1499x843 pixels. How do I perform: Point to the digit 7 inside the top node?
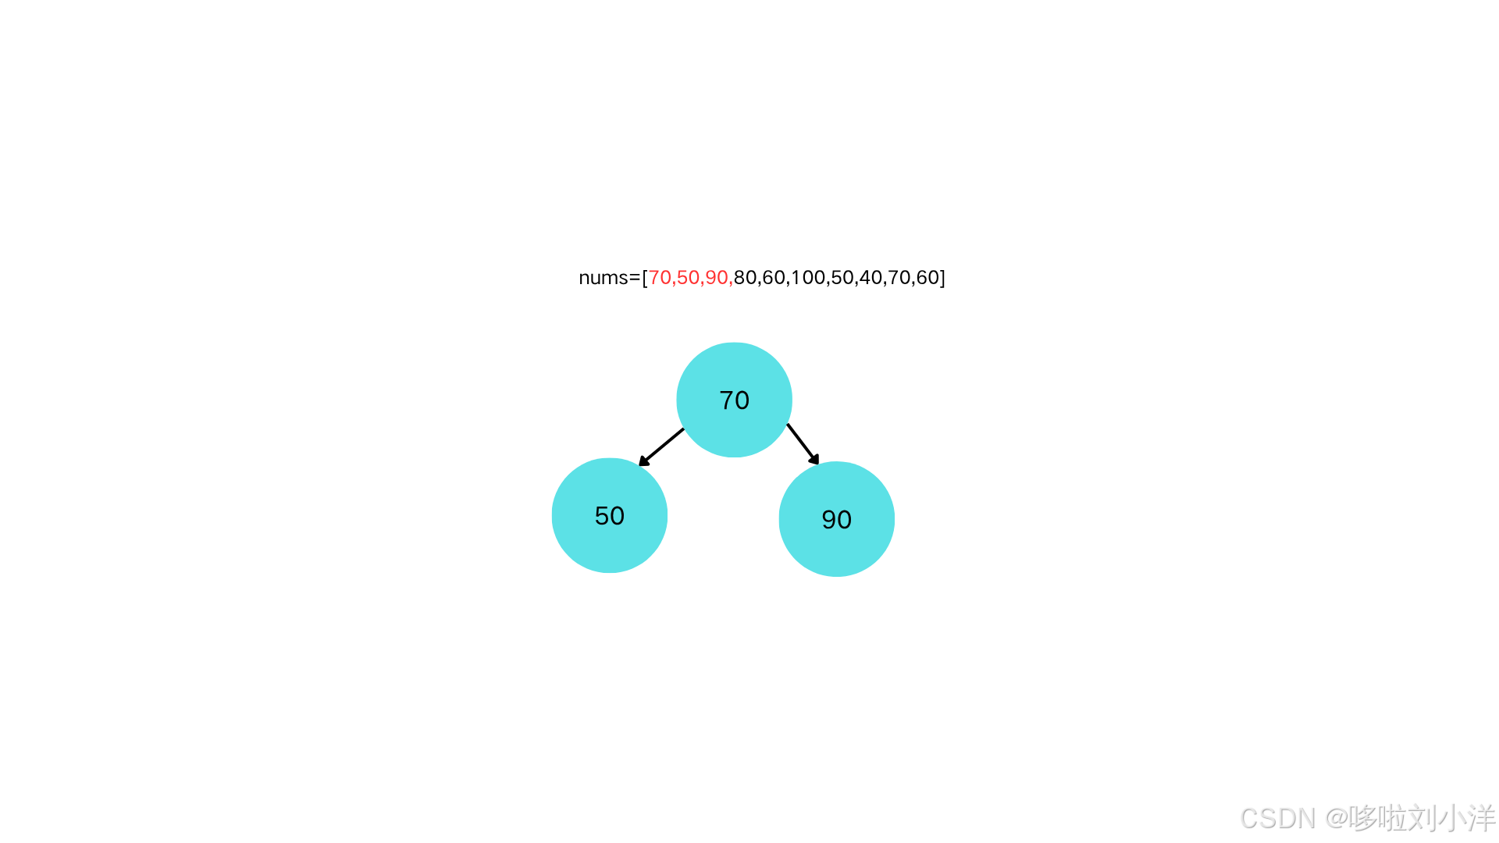726,400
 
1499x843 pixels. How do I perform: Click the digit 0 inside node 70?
742,400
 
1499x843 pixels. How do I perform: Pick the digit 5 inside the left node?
602,516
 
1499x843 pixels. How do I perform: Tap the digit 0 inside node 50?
617,516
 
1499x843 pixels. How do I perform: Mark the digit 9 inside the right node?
828,520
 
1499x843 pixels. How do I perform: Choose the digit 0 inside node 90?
844,520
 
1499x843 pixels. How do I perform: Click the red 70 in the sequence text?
659,278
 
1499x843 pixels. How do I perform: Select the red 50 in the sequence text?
688,278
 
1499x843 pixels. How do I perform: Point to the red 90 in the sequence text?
716,278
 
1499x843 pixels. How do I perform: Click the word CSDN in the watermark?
1276,817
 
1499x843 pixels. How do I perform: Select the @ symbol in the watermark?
1334,817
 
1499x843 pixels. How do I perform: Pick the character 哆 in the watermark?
1361,817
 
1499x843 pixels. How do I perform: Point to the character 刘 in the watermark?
1422,817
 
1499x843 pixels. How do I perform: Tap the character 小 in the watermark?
1451,817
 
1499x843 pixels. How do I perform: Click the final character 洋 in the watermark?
1480,817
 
